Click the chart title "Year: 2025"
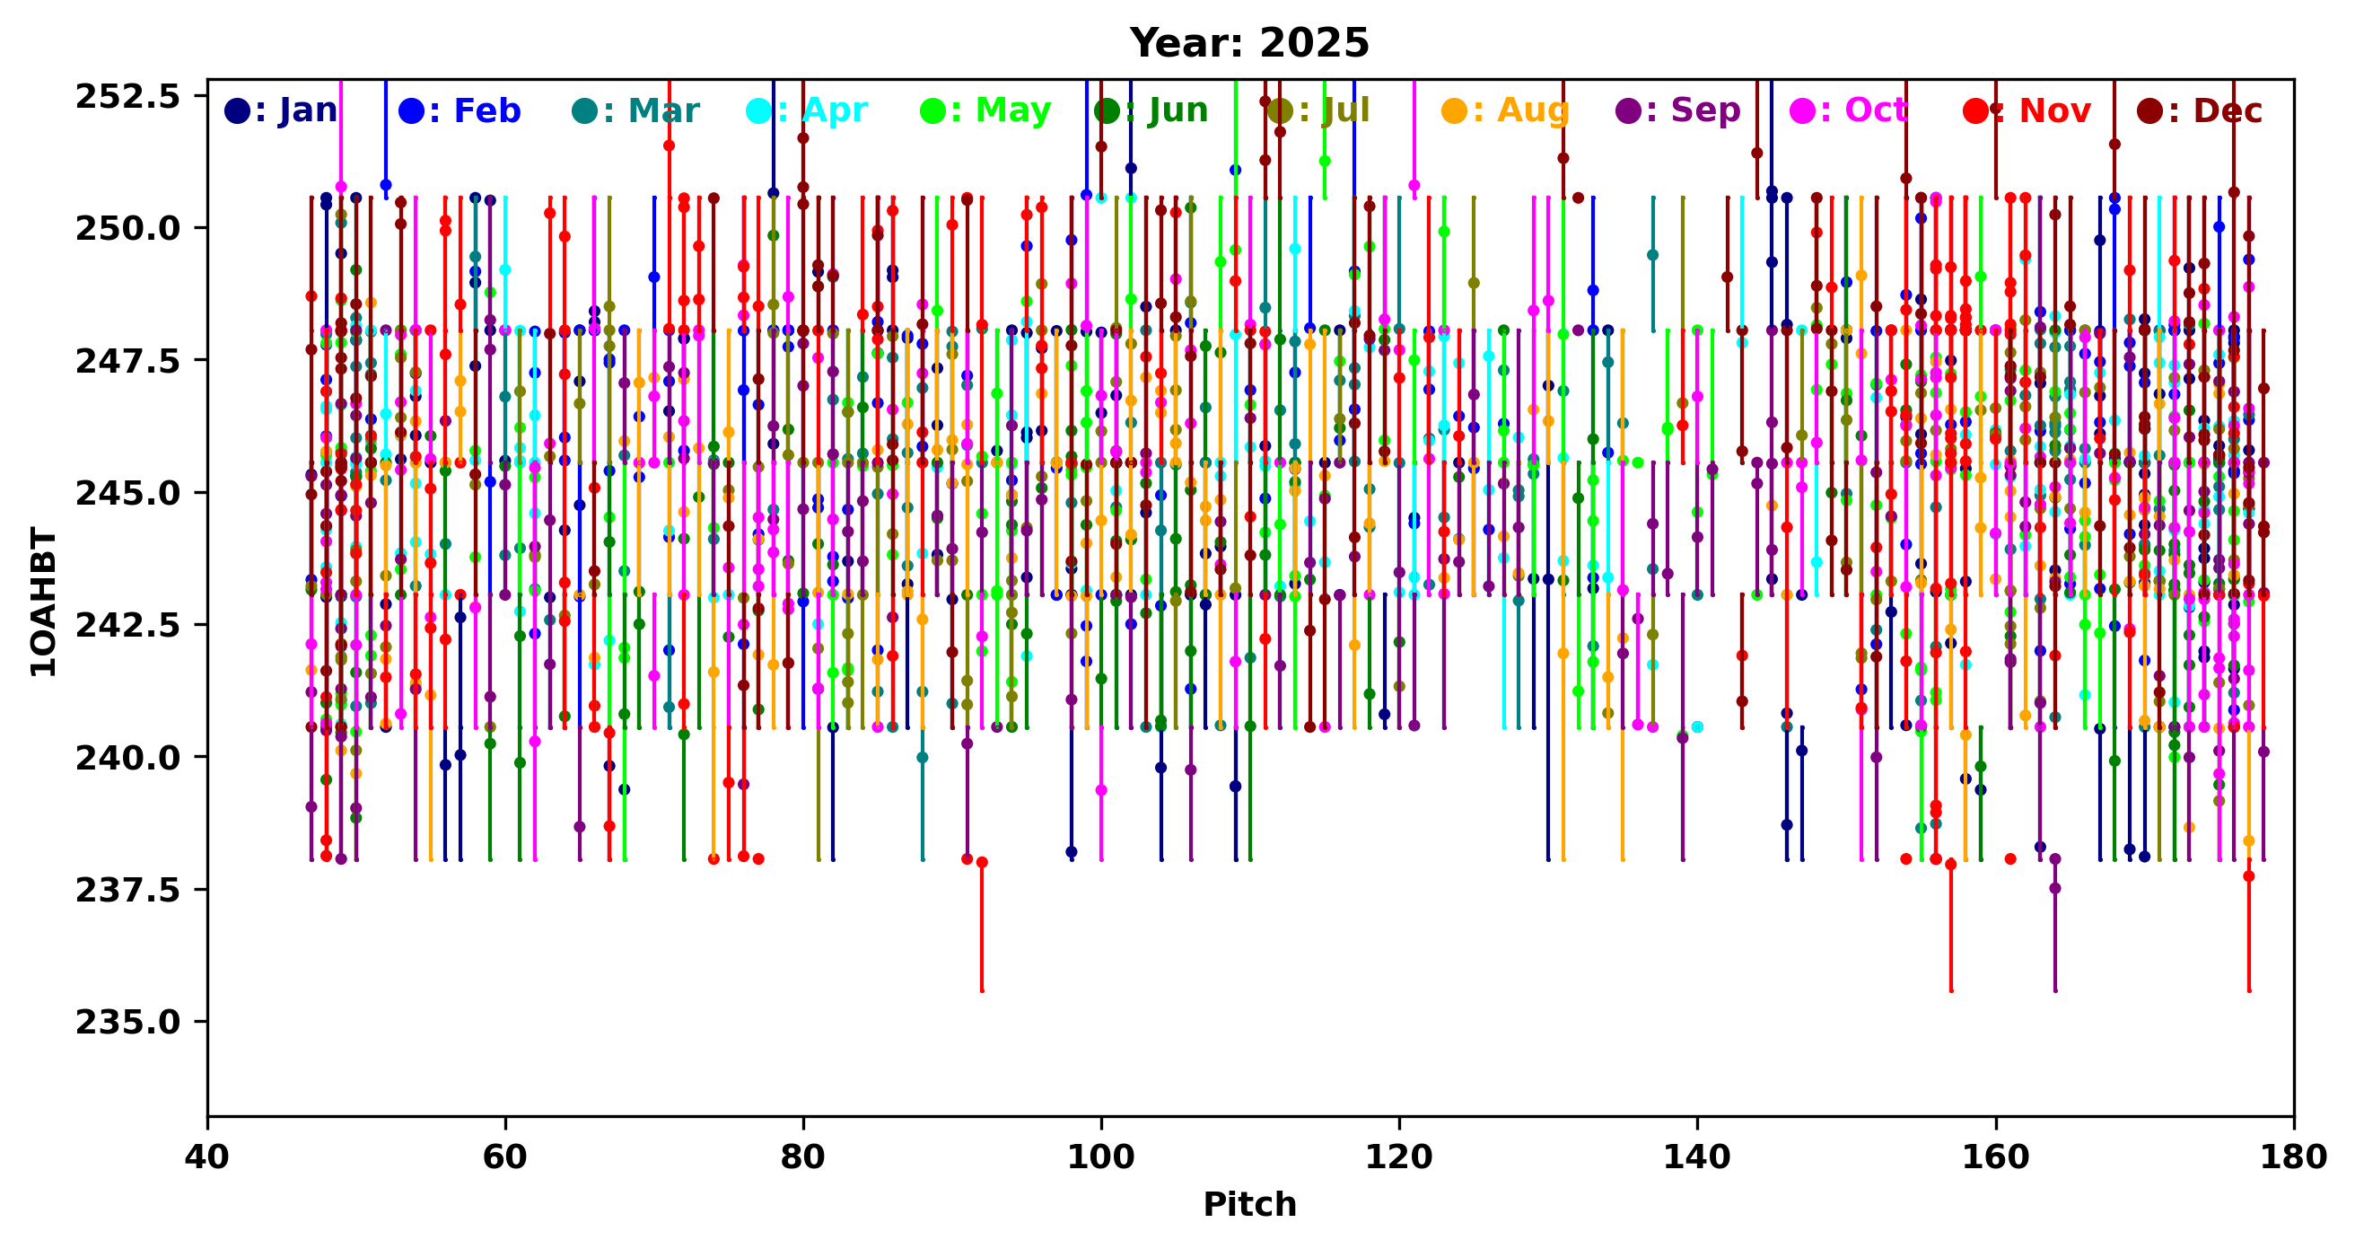click(x=1248, y=43)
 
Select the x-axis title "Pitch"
click(x=1248, y=1204)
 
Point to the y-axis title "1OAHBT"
click(x=43, y=602)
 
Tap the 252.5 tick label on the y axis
click(x=128, y=96)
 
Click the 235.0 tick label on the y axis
click(x=128, y=1021)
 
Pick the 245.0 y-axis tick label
click(x=128, y=493)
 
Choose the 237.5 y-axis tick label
click(x=128, y=890)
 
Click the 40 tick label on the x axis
click(x=207, y=1157)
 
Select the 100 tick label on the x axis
click(x=1100, y=1157)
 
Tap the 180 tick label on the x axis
click(x=2293, y=1157)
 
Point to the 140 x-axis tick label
click(x=1697, y=1157)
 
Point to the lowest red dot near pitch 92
click(x=982, y=862)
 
